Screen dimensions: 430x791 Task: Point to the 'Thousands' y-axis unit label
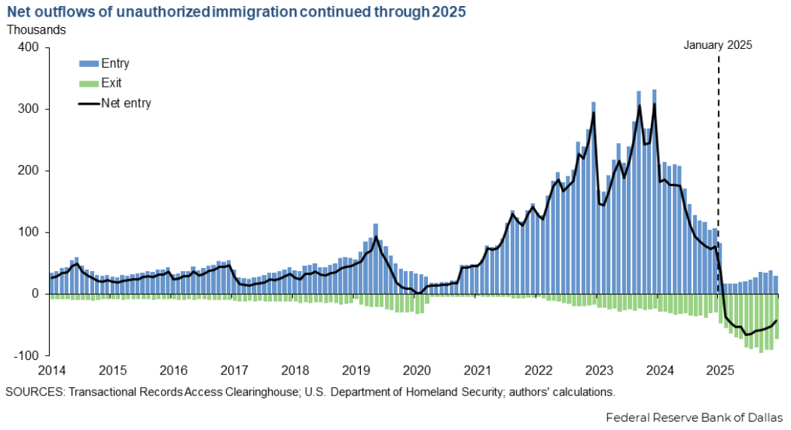[x=36, y=30]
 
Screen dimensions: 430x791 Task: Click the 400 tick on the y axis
[x=28, y=47]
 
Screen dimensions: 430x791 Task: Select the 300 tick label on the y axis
[x=28, y=109]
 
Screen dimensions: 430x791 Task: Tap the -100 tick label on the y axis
[x=26, y=355]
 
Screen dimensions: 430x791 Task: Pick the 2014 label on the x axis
[x=51, y=371]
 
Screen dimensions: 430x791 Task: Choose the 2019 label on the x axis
[x=356, y=371]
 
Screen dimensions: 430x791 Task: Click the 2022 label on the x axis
[x=538, y=371]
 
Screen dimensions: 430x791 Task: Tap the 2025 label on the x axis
[x=720, y=371]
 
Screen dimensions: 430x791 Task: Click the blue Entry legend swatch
[x=89, y=64]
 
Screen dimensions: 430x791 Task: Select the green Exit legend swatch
[x=89, y=84]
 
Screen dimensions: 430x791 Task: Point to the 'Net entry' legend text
[x=127, y=103]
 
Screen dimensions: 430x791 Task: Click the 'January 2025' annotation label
[x=717, y=45]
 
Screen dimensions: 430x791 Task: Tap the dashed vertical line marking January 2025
[x=719, y=151]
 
